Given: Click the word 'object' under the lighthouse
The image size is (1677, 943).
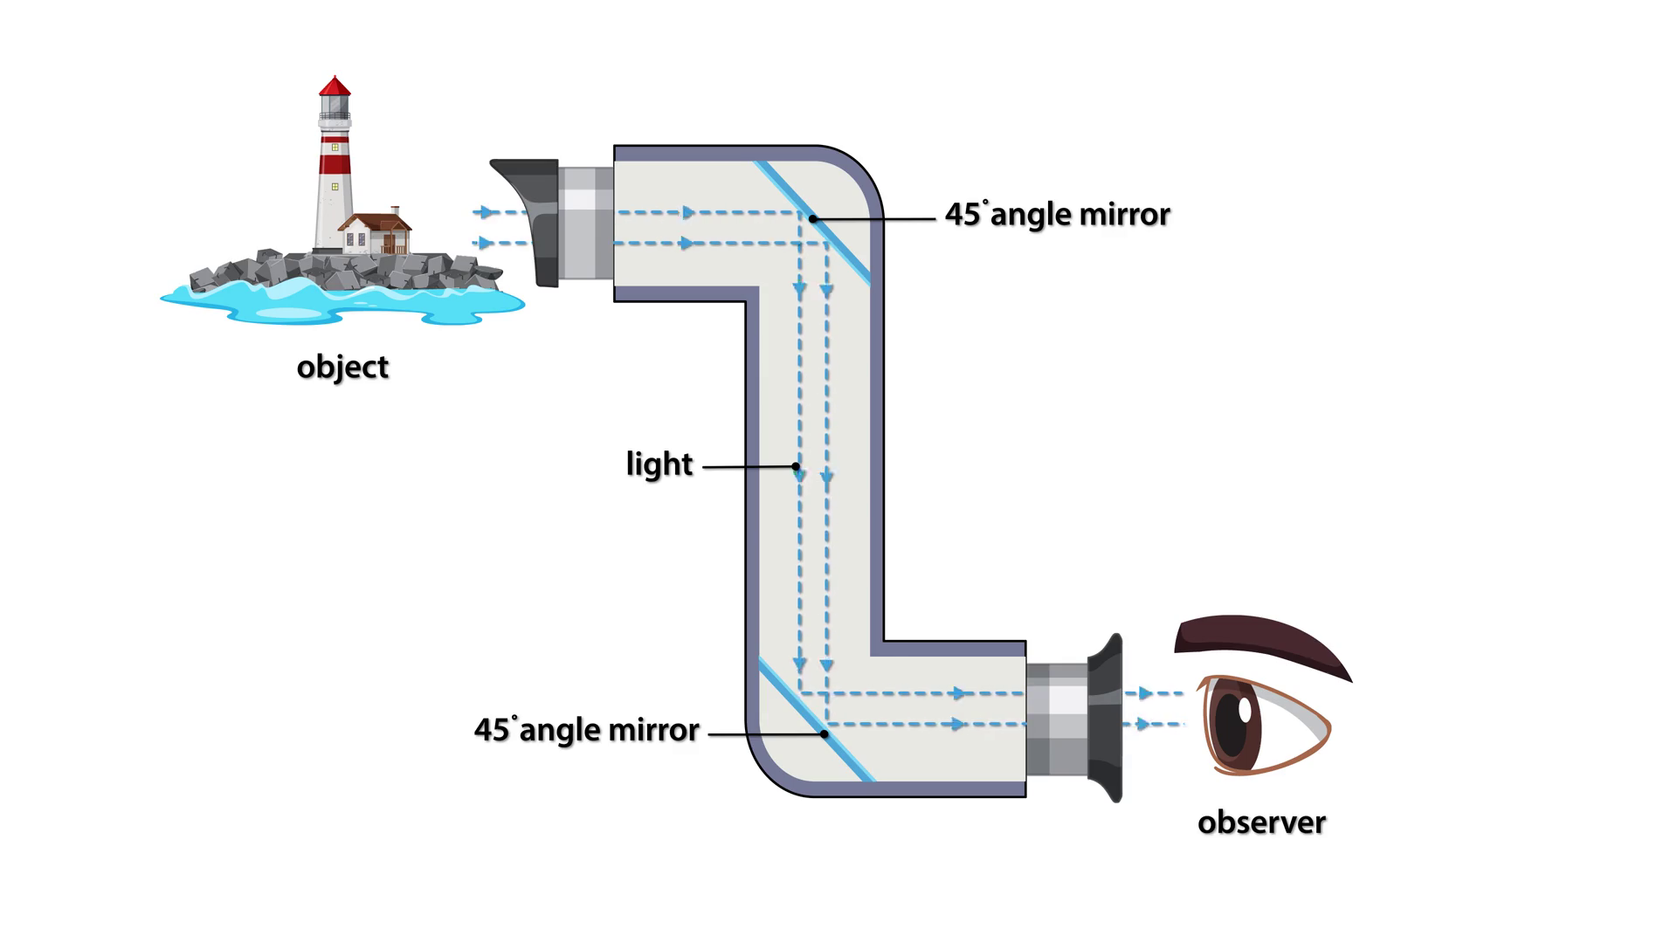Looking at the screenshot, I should click(342, 367).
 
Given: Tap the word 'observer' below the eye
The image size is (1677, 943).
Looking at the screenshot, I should click(1261, 823).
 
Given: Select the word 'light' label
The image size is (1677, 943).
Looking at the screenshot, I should click(659, 464).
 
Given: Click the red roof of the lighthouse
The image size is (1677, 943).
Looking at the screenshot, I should click(335, 86).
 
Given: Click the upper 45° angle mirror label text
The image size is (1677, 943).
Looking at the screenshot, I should click(1057, 215).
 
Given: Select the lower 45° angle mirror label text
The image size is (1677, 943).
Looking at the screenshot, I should click(586, 730).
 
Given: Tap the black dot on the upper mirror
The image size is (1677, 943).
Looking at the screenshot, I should click(812, 218).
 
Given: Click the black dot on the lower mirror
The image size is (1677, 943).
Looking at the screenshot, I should click(825, 734).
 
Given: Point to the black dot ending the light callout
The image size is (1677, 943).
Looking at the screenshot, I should click(796, 466).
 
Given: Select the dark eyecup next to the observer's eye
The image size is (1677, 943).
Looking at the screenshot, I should click(1105, 718).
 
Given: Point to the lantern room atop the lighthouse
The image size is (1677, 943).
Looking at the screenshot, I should click(335, 106).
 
